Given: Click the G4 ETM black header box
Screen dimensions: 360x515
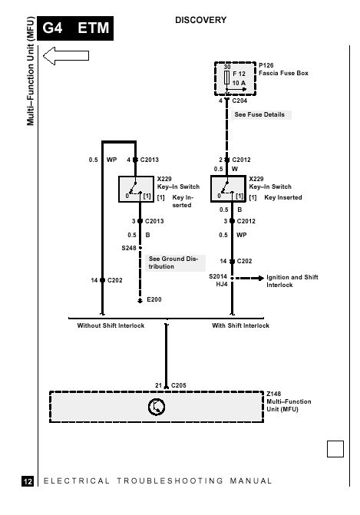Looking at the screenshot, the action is tap(75, 28).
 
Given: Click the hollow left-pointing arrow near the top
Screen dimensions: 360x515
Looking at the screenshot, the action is tap(66, 55).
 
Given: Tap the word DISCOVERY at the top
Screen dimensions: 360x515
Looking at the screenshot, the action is tap(200, 20).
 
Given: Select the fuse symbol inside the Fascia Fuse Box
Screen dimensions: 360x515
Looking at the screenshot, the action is tap(226, 78).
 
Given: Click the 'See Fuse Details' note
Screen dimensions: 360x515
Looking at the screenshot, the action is tap(259, 114).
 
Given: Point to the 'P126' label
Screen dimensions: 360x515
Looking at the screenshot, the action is tap(266, 65).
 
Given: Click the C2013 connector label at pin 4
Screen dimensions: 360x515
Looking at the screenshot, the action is tap(150, 160).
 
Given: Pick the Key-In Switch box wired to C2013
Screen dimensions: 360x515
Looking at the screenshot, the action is tap(136, 189).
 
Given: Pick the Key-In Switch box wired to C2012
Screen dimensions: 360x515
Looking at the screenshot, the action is tap(228, 189).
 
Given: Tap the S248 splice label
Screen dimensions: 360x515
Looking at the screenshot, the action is tap(129, 248).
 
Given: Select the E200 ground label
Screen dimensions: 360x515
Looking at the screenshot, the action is tap(154, 299).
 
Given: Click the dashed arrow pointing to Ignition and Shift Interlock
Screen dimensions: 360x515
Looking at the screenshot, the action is tap(249, 278).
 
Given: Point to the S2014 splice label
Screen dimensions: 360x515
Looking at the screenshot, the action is tap(218, 276).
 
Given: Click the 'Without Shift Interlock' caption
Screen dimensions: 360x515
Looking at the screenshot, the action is tap(111, 325).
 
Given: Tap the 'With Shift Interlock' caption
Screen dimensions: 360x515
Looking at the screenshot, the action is tap(241, 325).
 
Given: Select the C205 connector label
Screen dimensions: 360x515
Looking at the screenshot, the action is tap(178, 385).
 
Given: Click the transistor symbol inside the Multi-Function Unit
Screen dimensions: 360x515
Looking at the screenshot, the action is tap(157, 407).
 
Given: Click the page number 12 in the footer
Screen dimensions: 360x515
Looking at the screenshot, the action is tap(28, 481).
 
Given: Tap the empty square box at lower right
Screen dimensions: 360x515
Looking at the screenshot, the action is tap(335, 449).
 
